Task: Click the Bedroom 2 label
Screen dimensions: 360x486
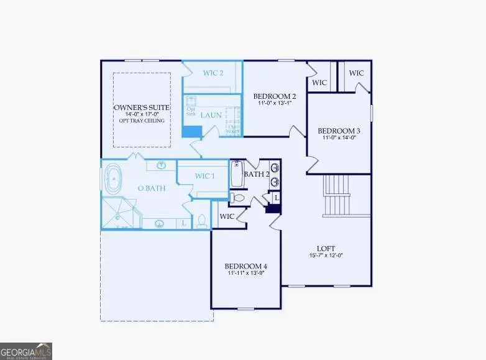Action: pyautogui.click(x=274, y=96)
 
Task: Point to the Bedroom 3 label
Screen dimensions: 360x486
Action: pyautogui.click(x=339, y=131)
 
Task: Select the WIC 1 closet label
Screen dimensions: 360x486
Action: pyautogui.click(x=204, y=177)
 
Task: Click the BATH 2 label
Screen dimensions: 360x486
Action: pyautogui.click(x=256, y=174)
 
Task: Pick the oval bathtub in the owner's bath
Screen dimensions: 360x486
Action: pyautogui.click(x=113, y=178)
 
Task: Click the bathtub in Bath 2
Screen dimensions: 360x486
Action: pyautogui.click(x=236, y=175)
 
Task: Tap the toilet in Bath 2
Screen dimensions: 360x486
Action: pyautogui.click(x=237, y=198)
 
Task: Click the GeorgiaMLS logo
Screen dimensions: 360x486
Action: pyautogui.click(x=26, y=351)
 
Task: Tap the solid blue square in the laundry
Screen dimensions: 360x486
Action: pyautogui.click(x=191, y=131)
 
